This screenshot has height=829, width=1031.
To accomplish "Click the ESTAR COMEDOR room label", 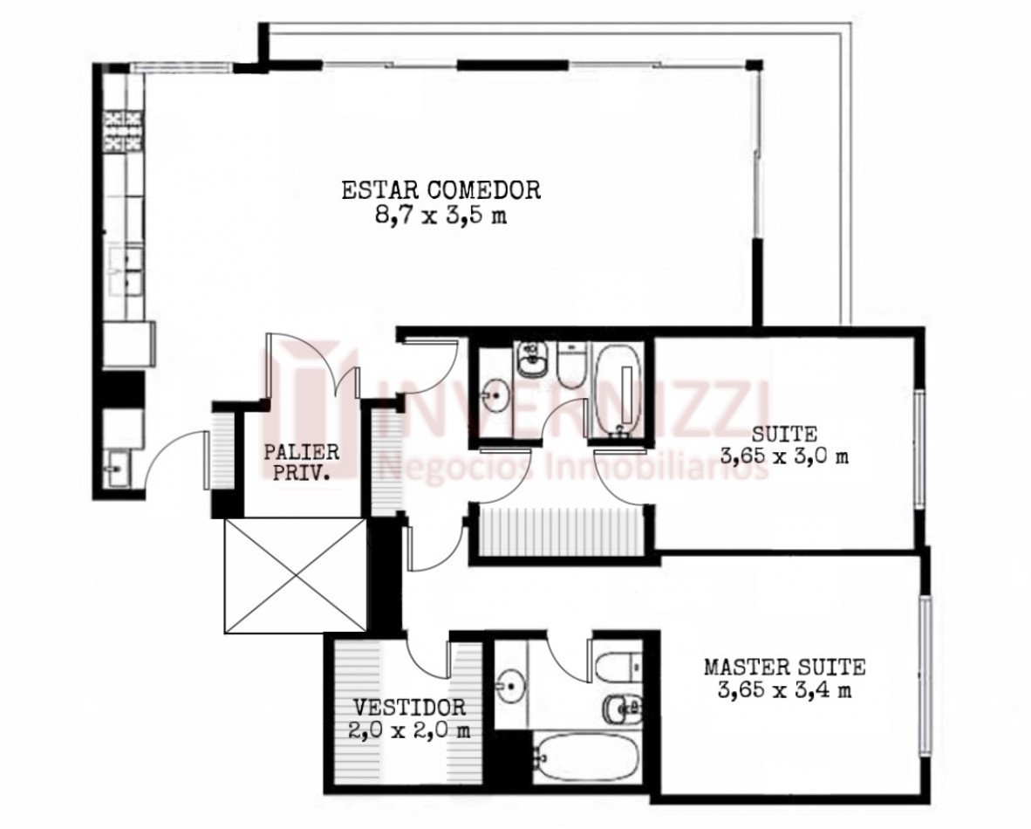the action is pos(441,189).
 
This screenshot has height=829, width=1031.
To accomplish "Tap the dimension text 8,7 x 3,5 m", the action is pos(441,216).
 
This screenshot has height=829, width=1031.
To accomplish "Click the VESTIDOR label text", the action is pos(410,708).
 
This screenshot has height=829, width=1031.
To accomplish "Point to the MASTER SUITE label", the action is pos(784,667).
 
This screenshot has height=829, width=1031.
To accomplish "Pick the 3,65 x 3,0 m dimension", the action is pos(784,456).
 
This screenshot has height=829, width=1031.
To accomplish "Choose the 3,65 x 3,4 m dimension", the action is pos(784,691).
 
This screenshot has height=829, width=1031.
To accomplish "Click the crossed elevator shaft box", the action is pos(295,576).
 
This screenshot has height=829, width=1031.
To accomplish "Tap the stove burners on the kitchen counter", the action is pos(124,132).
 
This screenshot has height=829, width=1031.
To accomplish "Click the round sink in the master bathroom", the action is pos(510,686).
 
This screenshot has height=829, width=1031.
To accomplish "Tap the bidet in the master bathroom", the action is pos(622,709).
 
